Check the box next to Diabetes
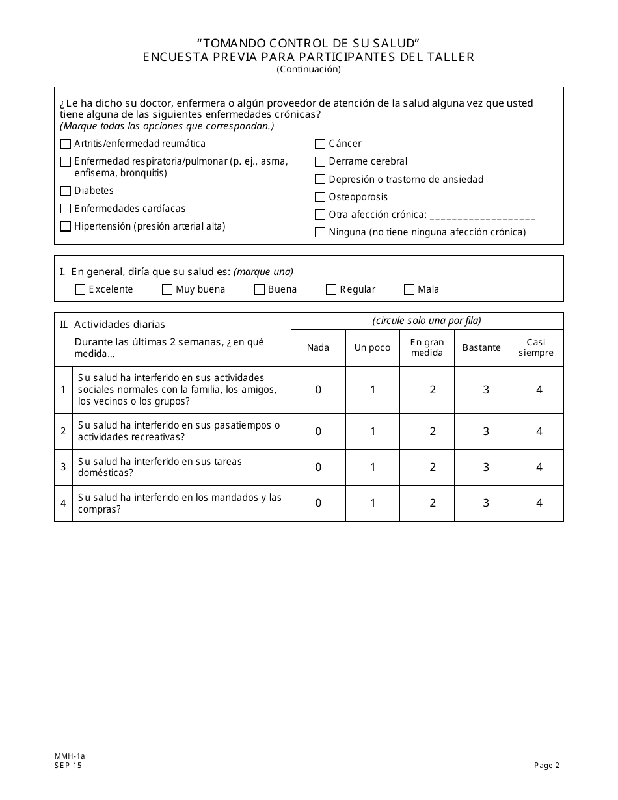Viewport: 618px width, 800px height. (66, 191)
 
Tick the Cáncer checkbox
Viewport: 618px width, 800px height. (320, 144)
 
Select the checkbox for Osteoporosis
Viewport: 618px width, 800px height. (320, 197)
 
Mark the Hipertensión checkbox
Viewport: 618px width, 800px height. (66, 226)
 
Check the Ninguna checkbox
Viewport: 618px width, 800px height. (320, 232)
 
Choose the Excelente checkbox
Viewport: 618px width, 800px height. (81, 290)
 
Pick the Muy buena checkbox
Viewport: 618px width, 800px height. (167, 290)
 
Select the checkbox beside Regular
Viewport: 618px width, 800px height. (331, 290)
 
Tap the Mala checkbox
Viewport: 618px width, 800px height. (409, 290)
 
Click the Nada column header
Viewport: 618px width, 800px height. (318, 347)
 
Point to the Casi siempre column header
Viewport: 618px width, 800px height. (536, 347)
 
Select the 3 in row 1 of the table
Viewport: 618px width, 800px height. (486, 390)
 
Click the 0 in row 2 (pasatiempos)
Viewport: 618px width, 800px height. (318, 432)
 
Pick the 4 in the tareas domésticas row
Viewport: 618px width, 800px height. (539, 468)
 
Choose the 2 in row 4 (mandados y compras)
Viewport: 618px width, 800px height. (433, 503)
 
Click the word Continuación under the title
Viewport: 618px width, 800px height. (308, 69)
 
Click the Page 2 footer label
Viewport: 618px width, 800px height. (546, 766)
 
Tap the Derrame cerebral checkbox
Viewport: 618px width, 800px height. (320, 162)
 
